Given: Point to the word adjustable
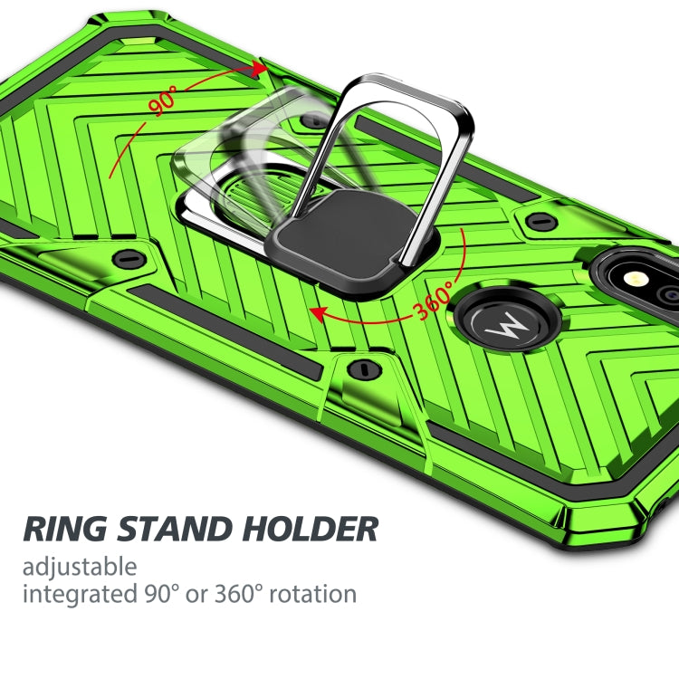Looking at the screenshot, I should coord(80,569).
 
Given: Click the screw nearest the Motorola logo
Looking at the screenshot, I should coord(540,220).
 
